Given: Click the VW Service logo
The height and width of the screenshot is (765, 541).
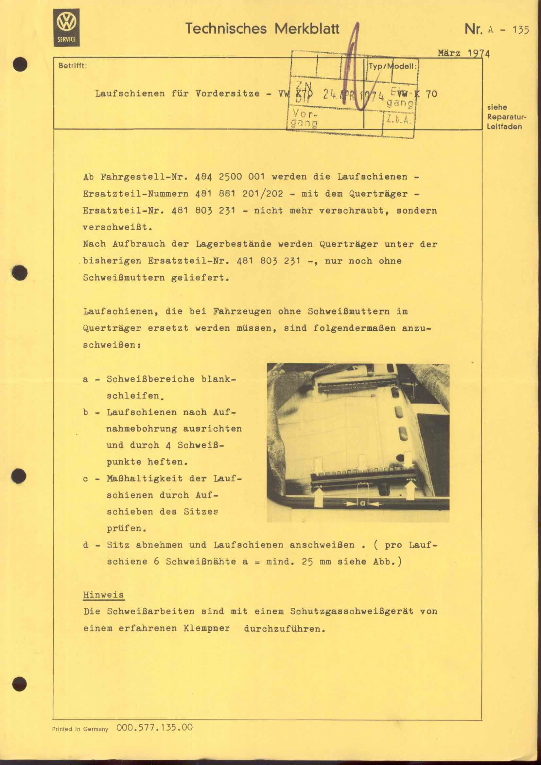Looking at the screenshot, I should pos(67,27).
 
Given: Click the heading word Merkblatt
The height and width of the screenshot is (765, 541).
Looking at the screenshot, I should pos(307,29).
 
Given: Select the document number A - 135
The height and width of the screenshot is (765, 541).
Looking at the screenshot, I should pos(508,30).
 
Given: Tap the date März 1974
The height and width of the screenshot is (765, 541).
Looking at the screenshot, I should pos(463,54).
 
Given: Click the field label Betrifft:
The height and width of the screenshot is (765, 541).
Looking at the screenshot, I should pos(73,66).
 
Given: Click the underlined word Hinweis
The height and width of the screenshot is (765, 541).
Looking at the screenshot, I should pos(103,595).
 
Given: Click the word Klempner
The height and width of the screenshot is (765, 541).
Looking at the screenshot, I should pos(206,628).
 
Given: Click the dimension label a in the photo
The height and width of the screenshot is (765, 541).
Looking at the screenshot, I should pos(362,504).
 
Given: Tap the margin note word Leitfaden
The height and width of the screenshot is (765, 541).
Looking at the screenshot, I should pos(504,127).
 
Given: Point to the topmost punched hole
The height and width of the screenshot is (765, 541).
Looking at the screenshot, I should pos(20,64).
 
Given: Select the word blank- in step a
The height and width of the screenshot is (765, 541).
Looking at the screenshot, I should pos(218,379).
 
